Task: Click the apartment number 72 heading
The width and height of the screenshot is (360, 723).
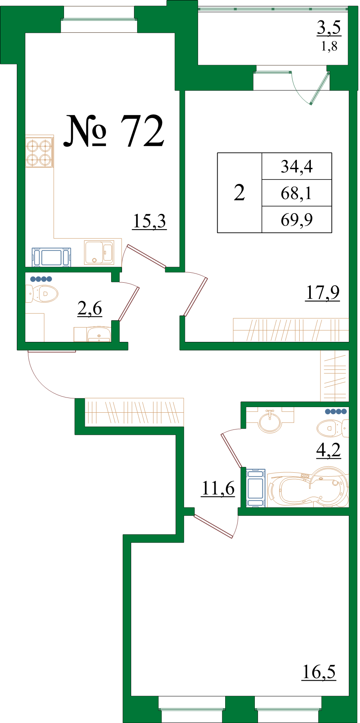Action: pyautogui.click(x=114, y=130)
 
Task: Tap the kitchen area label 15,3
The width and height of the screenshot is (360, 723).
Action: pyautogui.click(x=149, y=221)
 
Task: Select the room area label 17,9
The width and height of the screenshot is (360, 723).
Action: pyautogui.click(x=322, y=292)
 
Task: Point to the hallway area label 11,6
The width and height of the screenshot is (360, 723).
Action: pyautogui.click(x=218, y=488)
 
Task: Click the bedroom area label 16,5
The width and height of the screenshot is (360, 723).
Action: pyautogui.click(x=319, y=672)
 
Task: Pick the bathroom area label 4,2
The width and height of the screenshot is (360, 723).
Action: pyautogui.click(x=328, y=450)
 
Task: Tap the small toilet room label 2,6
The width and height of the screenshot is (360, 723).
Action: pyautogui.click(x=90, y=309)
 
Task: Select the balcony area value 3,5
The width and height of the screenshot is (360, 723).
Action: pyautogui.click(x=329, y=28)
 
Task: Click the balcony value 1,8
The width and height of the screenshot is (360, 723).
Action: pyautogui.click(x=329, y=46)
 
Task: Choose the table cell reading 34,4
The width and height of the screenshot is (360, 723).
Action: pyautogui.click(x=296, y=166)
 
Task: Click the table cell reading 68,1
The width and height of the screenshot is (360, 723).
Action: pyautogui.click(x=296, y=193)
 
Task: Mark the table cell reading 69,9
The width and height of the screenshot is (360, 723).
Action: pyautogui.click(x=296, y=220)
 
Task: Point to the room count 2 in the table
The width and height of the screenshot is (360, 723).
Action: pyautogui.click(x=239, y=193)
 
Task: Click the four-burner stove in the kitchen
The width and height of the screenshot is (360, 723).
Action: pyautogui.click(x=39, y=152)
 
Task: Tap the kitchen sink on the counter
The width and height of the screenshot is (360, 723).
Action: pyautogui.click(x=99, y=252)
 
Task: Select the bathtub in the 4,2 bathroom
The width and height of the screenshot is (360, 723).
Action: pyautogui.click(x=307, y=488)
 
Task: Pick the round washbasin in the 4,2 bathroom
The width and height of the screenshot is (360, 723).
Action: pyautogui.click(x=270, y=421)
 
